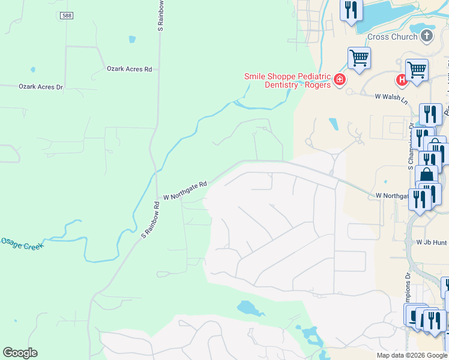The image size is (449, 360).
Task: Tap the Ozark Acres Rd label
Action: point(129,69)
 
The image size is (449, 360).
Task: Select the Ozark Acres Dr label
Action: point(41,87)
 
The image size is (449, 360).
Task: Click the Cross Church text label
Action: point(392,37)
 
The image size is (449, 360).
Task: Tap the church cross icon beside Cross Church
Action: point(427,36)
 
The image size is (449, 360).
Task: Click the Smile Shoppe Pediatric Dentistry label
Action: point(287,80)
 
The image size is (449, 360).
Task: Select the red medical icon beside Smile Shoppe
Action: point(340,80)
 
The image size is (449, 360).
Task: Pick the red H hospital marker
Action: point(400,80)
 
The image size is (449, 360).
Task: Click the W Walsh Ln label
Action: point(391,96)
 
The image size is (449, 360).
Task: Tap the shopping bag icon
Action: point(426,175)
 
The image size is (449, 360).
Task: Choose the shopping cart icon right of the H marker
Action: point(417,69)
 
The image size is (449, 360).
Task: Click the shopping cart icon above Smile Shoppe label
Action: point(359,58)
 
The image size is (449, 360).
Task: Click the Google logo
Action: point(20,353)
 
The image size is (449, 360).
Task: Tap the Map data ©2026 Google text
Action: point(412,355)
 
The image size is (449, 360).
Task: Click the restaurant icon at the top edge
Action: point(351,10)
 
